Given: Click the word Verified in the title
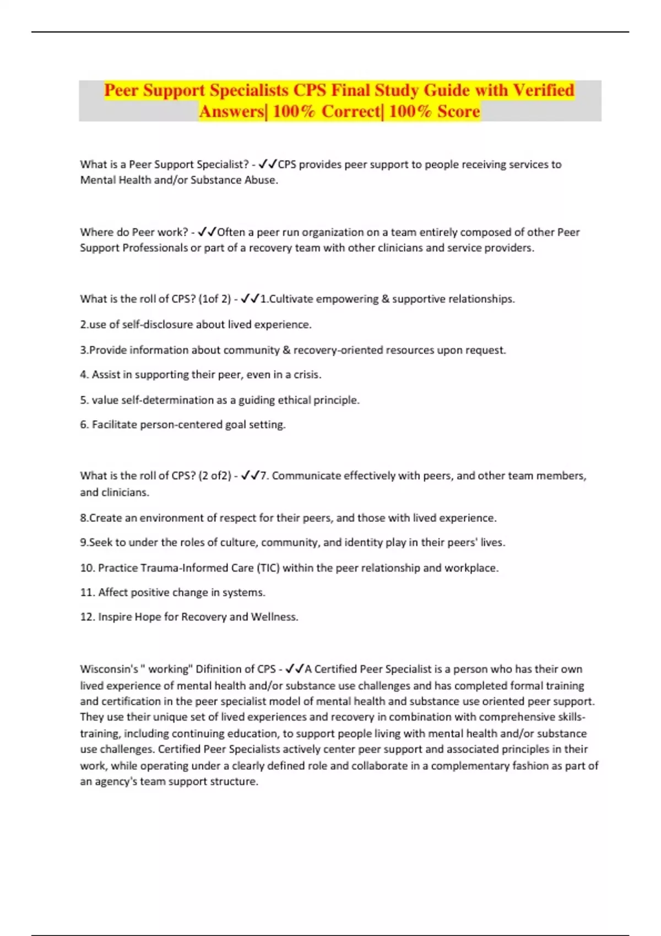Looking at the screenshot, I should point(544,90).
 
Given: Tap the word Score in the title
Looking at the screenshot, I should point(458,111).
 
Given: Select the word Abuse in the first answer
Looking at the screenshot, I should point(260,180).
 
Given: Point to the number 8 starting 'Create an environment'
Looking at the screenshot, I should point(84,518).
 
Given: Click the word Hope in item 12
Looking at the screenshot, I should point(148,617).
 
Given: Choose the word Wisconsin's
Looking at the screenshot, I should point(109,669).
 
